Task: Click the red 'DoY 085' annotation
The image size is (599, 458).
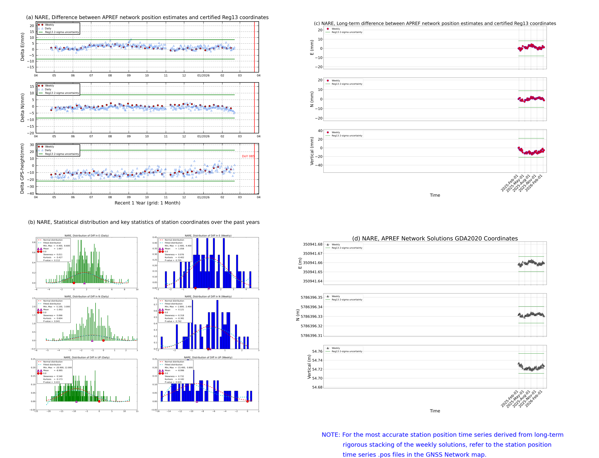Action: (248, 156)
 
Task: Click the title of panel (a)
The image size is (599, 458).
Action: (147, 17)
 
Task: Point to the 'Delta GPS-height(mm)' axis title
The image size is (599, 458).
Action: (22, 168)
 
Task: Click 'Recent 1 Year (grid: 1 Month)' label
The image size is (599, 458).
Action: (147, 203)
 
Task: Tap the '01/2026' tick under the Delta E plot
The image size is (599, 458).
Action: (203, 76)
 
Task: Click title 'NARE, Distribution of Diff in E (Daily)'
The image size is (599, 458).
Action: (86, 235)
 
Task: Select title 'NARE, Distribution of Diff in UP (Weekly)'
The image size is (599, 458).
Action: (208, 357)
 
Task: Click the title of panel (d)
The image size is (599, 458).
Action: (435, 238)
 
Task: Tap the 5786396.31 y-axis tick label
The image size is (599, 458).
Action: (311, 336)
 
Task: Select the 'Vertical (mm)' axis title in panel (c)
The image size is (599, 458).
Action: (312, 151)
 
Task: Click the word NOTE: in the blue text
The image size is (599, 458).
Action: (331, 435)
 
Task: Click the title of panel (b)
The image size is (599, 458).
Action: (144, 222)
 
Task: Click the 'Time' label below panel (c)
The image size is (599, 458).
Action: (435, 195)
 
